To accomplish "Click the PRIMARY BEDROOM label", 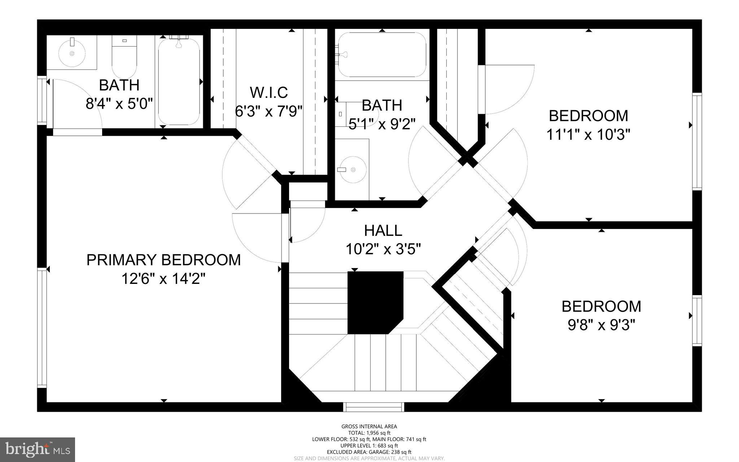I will [x=163, y=260].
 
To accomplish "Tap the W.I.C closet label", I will [x=269, y=92].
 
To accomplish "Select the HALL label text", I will [x=383, y=230].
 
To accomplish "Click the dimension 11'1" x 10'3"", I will [x=588, y=135].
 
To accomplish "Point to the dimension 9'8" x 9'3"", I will [x=601, y=325].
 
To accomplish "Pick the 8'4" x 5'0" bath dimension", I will [x=119, y=104].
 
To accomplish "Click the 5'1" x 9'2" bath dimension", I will [x=382, y=124].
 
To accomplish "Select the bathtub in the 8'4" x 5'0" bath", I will [x=179, y=81].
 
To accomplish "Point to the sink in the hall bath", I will [x=353, y=169].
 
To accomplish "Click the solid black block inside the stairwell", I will [x=375, y=302].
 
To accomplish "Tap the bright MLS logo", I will [x=38, y=449].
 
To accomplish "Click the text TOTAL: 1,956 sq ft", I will [x=369, y=433].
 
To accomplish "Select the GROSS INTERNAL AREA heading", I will [x=369, y=427].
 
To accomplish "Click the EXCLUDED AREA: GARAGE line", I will [x=369, y=452].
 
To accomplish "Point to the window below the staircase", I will [x=373, y=407].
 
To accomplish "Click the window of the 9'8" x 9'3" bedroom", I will [x=697, y=320].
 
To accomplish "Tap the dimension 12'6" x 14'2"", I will [x=163, y=279].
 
